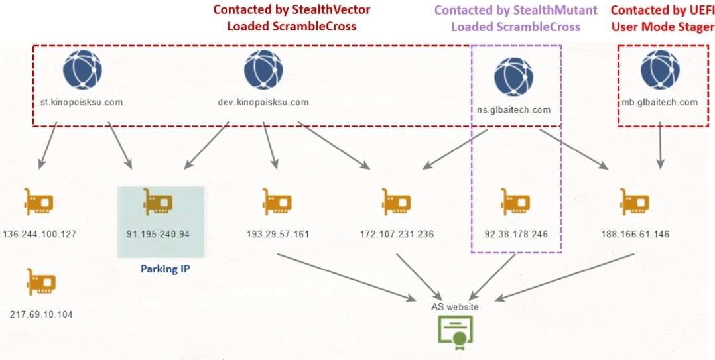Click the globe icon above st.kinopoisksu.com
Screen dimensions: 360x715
82,70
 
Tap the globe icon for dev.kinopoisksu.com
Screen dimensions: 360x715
263,70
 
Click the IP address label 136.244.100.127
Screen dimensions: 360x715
40,234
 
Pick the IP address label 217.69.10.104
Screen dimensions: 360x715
40,314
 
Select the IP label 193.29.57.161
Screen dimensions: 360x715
278,235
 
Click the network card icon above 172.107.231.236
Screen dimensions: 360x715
397,202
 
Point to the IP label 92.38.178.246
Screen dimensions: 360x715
517,235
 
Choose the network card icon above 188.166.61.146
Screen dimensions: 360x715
635,202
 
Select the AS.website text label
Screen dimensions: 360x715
454,307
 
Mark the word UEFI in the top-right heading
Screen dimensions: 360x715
700,10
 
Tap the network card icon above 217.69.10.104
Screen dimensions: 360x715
41,282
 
